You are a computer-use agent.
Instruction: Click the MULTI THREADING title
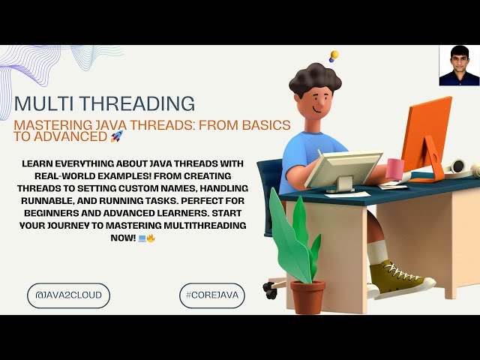point(104,103)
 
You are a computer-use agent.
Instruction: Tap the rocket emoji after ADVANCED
point(116,136)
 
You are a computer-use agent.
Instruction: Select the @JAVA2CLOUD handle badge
point(68,295)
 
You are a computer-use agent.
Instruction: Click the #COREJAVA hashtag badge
point(212,295)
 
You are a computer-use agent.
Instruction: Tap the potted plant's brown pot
point(307,297)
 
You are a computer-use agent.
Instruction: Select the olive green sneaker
point(400,280)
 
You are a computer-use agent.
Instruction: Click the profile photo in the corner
point(459,66)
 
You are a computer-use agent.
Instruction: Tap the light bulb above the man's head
point(334,55)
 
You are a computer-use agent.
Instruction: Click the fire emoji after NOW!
point(151,238)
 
